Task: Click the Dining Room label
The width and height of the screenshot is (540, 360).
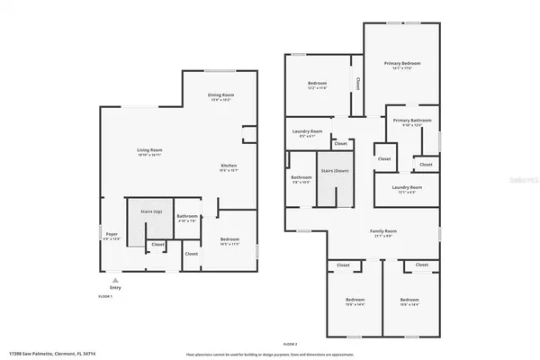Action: [x=221, y=94]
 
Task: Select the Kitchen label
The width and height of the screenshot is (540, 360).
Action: [x=230, y=166]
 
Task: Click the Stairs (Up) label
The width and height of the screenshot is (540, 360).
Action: [x=151, y=211]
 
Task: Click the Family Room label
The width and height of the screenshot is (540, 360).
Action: [x=384, y=231]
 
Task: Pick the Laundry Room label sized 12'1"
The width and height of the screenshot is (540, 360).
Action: [x=407, y=187]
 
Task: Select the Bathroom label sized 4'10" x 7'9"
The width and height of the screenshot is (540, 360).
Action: [x=187, y=216]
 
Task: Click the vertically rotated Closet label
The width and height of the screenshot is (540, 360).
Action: [x=357, y=84]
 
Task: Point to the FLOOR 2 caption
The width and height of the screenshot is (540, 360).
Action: [x=290, y=345]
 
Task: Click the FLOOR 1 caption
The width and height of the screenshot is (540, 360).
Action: [x=105, y=295]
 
